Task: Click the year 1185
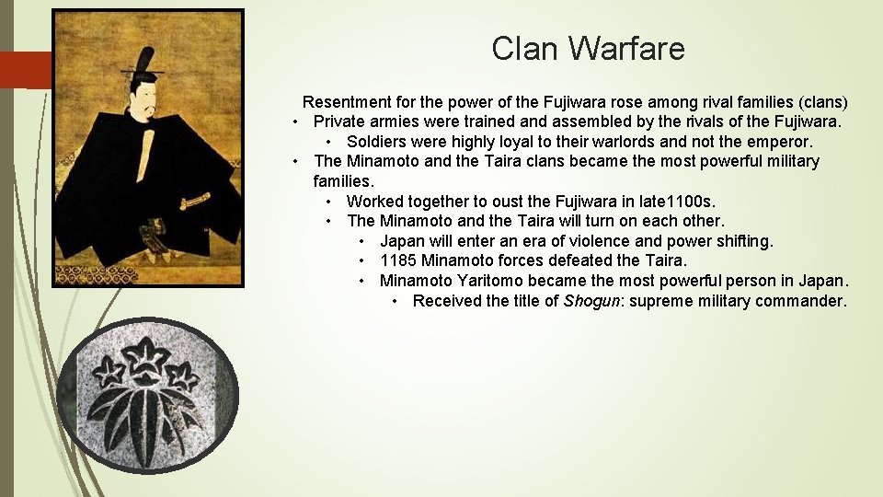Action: pyautogui.click(x=398, y=260)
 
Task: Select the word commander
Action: pyautogui.click(x=800, y=301)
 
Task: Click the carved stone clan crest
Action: pyautogui.click(x=147, y=396)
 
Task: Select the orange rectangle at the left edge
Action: pyautogui.click(x=25, y=70)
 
